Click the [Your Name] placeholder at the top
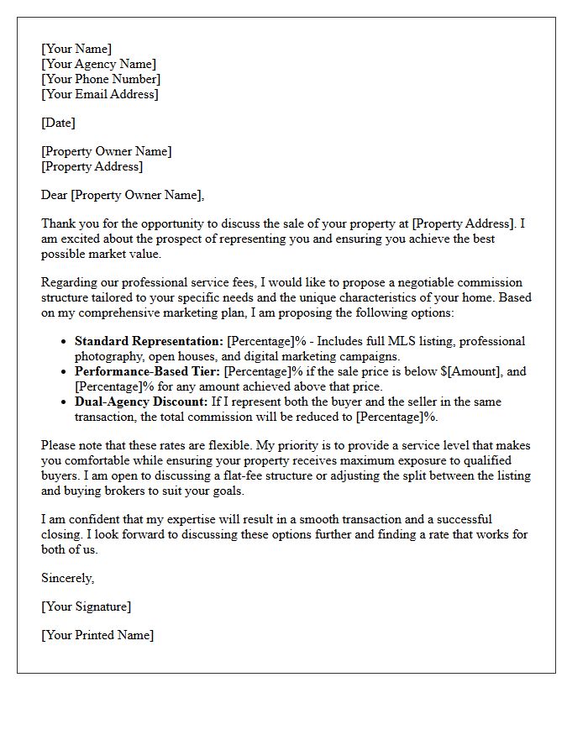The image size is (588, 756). pyautogui.click(x=76, y=49)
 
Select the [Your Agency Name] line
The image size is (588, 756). pyautogui.click(x=98, y=64)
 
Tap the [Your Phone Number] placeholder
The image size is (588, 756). pyautogui.click(x=101, y=79)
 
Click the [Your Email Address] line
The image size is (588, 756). pyautogui.click(x=99, y=94)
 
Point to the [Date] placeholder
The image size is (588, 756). pyautogui.click(x=58, y=123)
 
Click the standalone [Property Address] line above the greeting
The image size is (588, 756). pyautogui.click(x=92, y=166)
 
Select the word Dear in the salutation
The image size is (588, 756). pyautogui.click(x=55, y=195)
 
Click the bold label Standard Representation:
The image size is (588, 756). pyautogui.click(x=149, y=341)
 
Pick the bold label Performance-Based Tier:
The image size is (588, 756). pyautogui.click(x=148, y=371)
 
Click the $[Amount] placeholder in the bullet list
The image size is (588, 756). pyautogui.click(x=470, y=371)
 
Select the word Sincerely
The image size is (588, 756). pyautogui.click(x=68, y=578)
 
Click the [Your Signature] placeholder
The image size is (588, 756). pyautogui.click(x=86, y=606)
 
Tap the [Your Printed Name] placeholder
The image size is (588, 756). pyautogui.click(x=97, y=635)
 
